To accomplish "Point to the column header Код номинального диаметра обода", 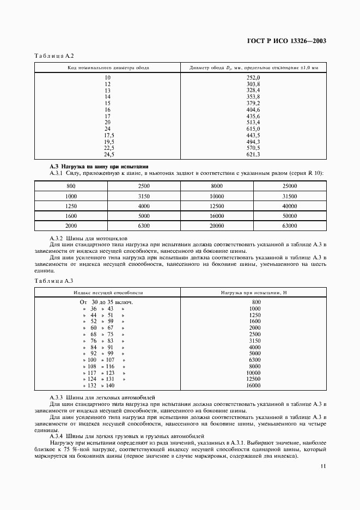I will click(108, 68).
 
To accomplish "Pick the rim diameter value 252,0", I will click(253, 78).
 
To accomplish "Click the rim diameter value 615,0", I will click(253, 129).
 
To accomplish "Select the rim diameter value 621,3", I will click(253, 155).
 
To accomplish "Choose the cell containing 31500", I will click(289, 196).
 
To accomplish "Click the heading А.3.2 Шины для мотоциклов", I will click(88, 239).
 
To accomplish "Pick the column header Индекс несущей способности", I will click(108, 293).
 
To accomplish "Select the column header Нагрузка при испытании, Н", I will click(253, 293).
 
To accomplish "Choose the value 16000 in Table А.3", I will click(253, 385).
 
